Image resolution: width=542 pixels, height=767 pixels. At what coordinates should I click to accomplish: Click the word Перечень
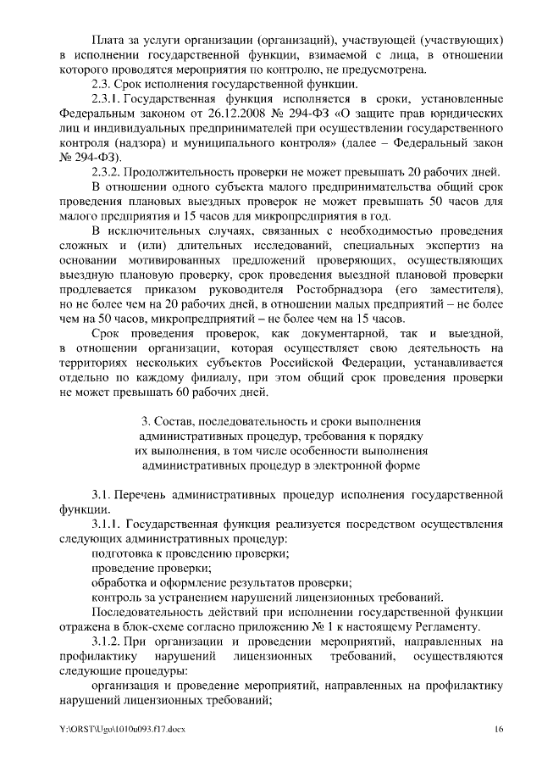coord(149,495)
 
